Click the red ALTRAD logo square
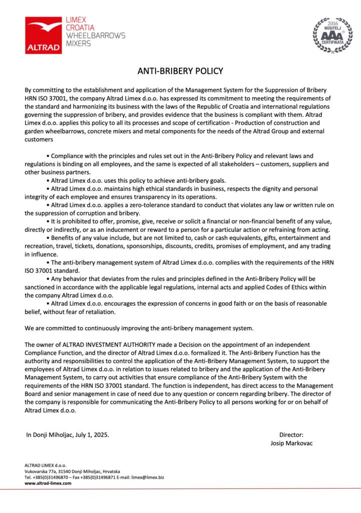tap(44, 35)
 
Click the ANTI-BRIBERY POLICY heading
tap(180, 71)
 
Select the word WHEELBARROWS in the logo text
tap(96, 36)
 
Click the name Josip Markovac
tap(291, 443)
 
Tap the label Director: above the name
tap(291, 435)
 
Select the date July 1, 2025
tap(90, 435)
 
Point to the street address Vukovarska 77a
tap(44, 471)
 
